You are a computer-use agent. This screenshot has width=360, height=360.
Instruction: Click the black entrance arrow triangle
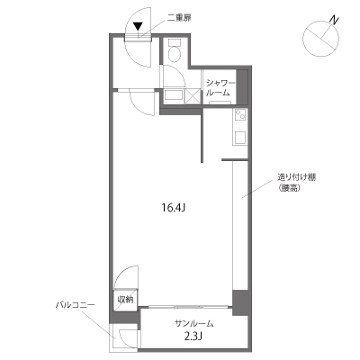pyautogui.click(x=138, y=26)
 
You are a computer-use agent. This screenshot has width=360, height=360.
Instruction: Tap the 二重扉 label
pyautogui.click(x=179, y=18)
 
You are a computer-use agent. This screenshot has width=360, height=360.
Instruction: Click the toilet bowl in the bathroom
pyautogui.click(x=174, y=54)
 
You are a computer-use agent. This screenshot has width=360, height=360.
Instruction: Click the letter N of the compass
pyautogui.click(x=334, y=20)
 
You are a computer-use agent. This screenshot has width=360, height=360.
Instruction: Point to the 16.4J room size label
pyautogui.click(x=173, y=207)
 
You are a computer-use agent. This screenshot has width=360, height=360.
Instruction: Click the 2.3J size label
pyautogui.click(x=192, y=337)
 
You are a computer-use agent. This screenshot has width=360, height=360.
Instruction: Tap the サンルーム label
pyautogui.click(x=194, y=323)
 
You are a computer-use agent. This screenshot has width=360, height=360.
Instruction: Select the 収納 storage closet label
pyautogui.click(x=125, y=300)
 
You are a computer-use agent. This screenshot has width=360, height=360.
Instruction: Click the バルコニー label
pyautogui.click(x=76, y=305)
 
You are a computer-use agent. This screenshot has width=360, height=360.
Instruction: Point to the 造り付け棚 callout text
pyautogui.click(x=296, y=177)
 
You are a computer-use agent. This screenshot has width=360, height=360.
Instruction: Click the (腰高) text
pyautogui.click(x=289, y=188)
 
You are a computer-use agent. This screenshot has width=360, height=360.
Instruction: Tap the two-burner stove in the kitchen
pyautogui.click(x=240, y=114)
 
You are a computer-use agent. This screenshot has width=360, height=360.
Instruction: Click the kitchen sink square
pyautogui.click(x=240, y=138)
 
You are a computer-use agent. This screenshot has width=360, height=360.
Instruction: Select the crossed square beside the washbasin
pyautogui.click(x=193, y=95)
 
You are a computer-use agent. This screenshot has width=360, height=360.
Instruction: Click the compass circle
pyautogui.click(x=321, y=39)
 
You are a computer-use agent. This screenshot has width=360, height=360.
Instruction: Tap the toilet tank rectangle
pyautogui.click(x=174, y=42)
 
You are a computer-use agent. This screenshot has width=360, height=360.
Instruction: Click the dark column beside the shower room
pyautogui.click(x=242, y=87)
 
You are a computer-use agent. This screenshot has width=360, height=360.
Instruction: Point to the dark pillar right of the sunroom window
pyautogui.click(x=240, y=302)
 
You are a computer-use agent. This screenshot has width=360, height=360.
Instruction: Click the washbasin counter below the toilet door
pyautogui.click(x=174, y=95)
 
